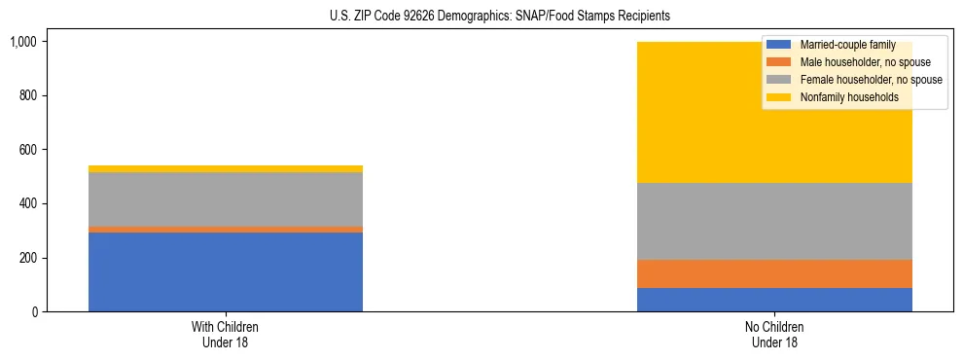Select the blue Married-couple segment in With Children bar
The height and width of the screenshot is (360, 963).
pos(225,271)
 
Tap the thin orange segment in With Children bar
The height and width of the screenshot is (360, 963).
pos(225,230)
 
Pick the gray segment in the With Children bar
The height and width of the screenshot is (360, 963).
pos(225,199)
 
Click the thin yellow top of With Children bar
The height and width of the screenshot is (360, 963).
pos(225,169)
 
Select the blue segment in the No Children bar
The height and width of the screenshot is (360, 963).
pos(774,300)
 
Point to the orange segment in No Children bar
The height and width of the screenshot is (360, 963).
pos(774,273)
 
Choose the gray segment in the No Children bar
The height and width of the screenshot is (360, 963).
pos(774,221)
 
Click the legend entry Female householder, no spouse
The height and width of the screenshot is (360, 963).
pos(853,80)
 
